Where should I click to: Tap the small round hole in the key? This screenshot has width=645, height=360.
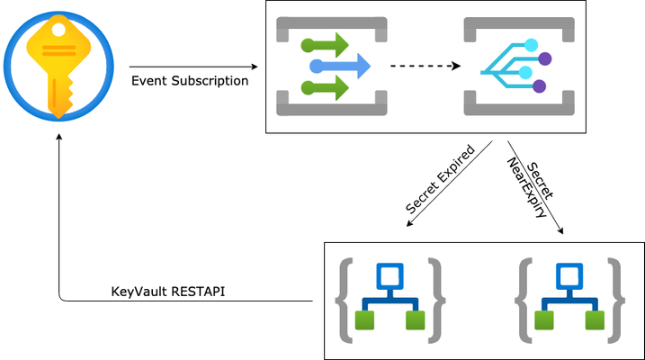point(58,30)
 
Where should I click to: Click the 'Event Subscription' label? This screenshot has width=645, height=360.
point(190,81)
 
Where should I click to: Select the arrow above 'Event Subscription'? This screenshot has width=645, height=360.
point(193,67)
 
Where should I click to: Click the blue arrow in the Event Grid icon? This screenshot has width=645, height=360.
point(340,66)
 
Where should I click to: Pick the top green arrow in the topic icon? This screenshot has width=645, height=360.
point(325,45)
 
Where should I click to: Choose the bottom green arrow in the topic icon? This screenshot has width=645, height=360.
point(325,87)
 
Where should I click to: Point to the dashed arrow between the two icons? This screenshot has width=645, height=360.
point(426,66)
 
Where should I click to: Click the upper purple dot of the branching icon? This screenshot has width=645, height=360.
point(544,58)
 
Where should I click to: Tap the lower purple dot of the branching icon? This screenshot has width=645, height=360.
point(539,86)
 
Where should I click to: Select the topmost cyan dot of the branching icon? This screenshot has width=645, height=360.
point(531,45)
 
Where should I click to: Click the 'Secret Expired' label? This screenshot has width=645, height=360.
point(440,179)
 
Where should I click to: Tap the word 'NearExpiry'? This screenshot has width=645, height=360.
point(526,187)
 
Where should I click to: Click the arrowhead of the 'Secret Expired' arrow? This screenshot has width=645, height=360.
point(408,224)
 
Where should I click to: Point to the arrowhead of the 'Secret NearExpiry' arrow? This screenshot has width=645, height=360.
point(561,231)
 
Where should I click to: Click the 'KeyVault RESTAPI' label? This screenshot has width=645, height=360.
point(168,292)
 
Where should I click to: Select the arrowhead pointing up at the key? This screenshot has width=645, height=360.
point(59,136)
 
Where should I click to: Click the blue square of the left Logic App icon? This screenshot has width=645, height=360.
point(390,276)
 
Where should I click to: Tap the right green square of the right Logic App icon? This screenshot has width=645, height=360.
point(595,320)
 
